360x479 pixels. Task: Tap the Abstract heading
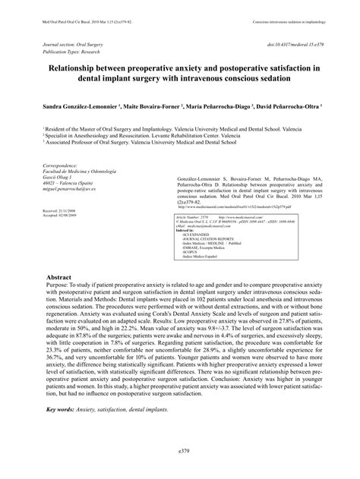[x=58, y=300]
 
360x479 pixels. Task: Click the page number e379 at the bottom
[x=180, y=471]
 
